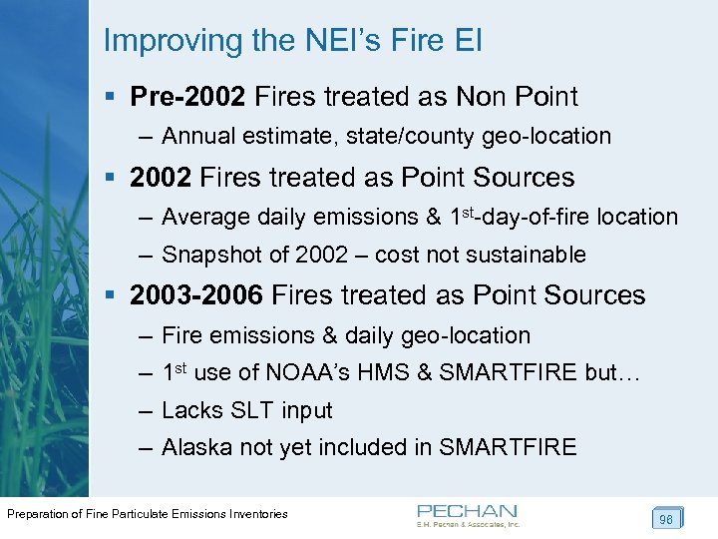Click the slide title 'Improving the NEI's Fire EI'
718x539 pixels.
(292, 41)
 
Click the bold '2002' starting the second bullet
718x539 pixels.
(161, 178)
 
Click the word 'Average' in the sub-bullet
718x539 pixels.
(205, 217)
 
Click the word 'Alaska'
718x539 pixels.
(194, 447)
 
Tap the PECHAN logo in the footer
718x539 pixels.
(468, 515)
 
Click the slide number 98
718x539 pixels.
(665, 519)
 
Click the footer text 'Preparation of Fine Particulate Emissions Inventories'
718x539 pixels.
(148, 514)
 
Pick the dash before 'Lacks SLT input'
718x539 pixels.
(146, 410)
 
